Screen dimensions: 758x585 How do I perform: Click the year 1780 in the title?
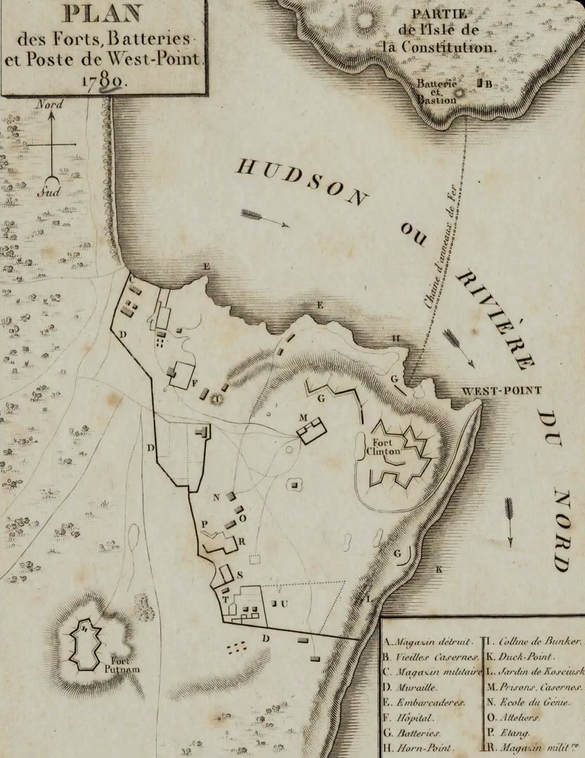[x=103, y=81]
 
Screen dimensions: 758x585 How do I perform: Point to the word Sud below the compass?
[x=49, y=191]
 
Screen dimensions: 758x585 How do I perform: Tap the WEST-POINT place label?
[x=491, y=391]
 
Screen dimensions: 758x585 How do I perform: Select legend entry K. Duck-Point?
[x=520, y=656]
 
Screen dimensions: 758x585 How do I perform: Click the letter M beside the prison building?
[x=304, y=417]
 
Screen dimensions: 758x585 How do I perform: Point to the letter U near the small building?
[x=285, y=603]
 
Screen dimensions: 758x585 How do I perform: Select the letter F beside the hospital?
[x=195, y=384]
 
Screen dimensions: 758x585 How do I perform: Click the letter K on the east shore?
[x=439, y=569]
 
